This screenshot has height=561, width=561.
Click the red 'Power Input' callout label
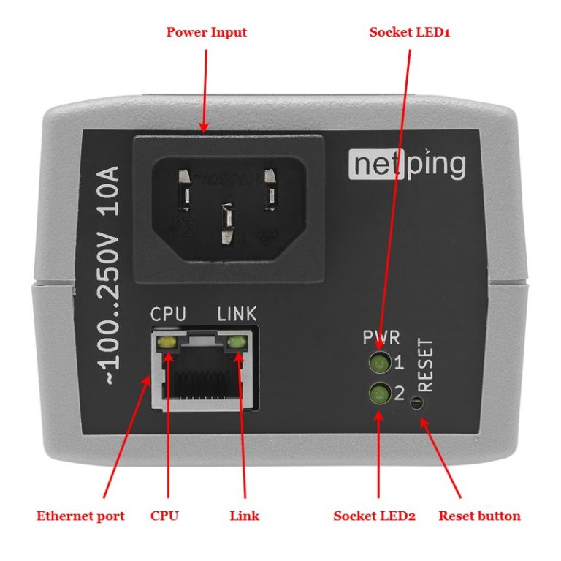pos(206,32)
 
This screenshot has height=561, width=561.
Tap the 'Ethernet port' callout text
pos(80,516)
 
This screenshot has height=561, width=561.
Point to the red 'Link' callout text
pos(244,516)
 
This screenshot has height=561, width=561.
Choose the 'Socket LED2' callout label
pos(374,516)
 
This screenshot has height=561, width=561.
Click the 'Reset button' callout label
pos(479,516)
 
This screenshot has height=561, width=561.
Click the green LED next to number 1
pos(379,362)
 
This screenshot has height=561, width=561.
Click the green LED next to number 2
pos(379,395)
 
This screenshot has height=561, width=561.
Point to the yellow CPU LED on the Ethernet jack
pos(167,342)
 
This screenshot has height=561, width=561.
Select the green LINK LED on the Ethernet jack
pos(237,342)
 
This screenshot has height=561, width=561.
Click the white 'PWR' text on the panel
pos(381,338)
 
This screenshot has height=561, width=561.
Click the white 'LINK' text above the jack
pos(237,315)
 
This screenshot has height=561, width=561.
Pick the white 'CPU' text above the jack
pos(168,315)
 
